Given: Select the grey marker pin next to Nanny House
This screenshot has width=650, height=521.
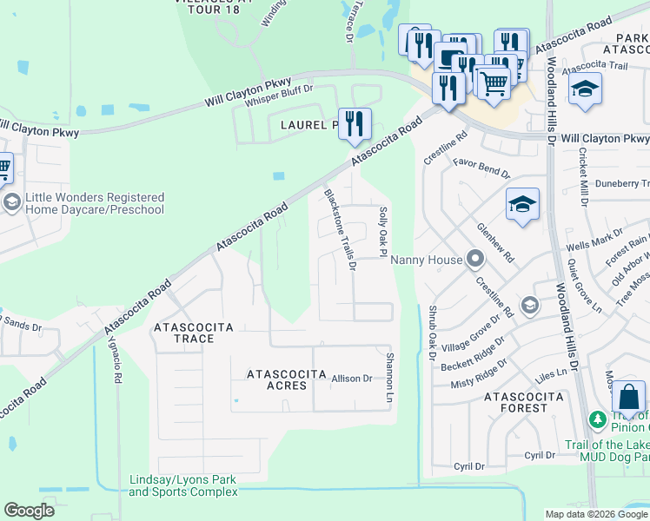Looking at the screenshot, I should (x=474, y=259).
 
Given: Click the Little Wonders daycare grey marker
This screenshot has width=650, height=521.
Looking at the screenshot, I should (x=11, y=203).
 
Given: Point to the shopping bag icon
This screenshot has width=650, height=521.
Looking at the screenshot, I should (x=628, y=399).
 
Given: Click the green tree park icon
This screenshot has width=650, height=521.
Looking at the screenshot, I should (x=598, y=421).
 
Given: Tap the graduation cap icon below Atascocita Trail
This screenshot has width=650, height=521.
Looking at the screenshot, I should (x=585, y=89).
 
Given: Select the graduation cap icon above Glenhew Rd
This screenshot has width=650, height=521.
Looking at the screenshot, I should (x=523, y=205).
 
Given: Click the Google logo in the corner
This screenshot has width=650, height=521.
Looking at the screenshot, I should (x=30, y=511).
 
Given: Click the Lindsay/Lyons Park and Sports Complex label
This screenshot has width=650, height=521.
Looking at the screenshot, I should (x=183, y=485).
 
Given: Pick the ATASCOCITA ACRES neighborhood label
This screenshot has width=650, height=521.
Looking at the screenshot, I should (x=277, y=379).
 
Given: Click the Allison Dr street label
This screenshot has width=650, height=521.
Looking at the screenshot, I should (x=352, y=379).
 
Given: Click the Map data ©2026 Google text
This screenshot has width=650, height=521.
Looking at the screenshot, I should (x=596, y=514).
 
